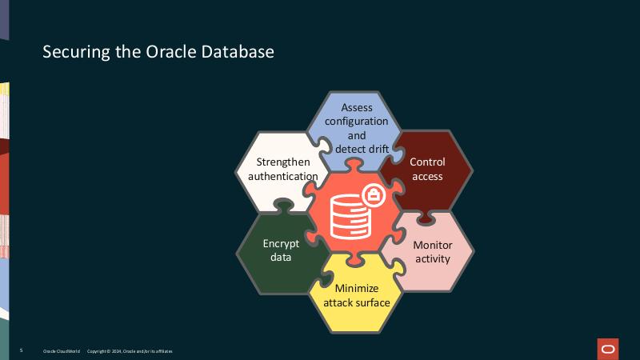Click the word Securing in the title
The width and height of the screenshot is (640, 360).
[70, 53]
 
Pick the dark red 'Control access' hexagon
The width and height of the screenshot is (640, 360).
[427, 169]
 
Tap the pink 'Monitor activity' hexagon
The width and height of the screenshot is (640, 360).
[432, 252]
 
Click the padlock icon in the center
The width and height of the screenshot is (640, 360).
[373, 194]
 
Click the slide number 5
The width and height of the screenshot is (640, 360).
[21, 351]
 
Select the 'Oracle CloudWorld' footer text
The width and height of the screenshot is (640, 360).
[61, 351]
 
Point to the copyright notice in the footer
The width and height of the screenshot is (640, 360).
[129, 351]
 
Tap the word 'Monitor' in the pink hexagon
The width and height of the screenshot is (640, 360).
[432, 245]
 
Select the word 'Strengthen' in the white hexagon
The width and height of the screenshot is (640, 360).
[283, 162]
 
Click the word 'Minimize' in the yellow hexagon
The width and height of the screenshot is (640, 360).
[357, 288]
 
